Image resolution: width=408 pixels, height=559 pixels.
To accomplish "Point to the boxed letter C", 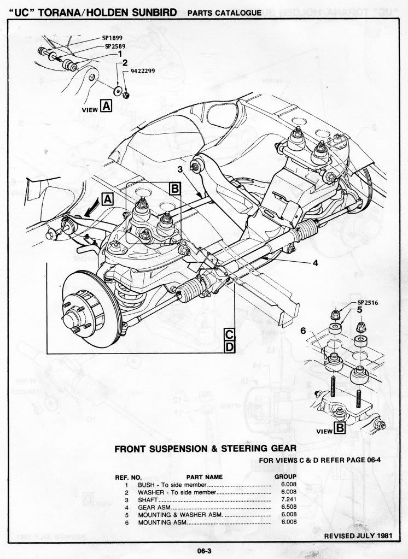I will click(x=230, y=334).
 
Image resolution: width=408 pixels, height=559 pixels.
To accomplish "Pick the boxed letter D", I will click(x=230, y=346).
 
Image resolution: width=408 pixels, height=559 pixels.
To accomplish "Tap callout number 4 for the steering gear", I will click(x=315, y=263).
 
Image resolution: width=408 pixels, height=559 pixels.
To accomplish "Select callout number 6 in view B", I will click(x=304, y=331).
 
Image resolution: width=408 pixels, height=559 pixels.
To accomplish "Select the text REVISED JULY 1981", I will click(x=359, y=536).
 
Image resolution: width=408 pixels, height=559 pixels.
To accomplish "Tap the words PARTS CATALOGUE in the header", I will click(x=224, y=13).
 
